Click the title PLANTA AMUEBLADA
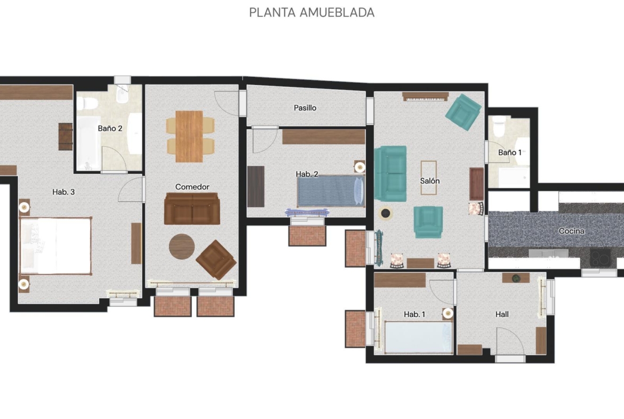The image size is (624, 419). [x=311, y=12]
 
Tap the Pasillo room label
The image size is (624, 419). [x=305, y=107]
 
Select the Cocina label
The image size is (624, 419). [x=572, y=231]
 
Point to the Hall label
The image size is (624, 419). [x=502, y=314]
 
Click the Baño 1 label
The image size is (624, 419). [x=510, y=153]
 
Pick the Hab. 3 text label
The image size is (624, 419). [x=63, y=192]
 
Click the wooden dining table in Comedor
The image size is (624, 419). [x=189, y=136]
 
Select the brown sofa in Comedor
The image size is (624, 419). [x=192, y=209]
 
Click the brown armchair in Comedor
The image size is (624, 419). [x=216, y=259]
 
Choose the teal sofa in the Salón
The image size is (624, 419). [x=390, y=173]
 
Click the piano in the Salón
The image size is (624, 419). [x=426, y=97]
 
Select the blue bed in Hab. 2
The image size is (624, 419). [x=331, y=191]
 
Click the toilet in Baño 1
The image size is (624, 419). [x=499, y=126]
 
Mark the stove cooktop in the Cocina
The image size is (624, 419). [x=600, y=257]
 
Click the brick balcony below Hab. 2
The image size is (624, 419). [x=307, y=235]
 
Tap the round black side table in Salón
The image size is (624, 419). [x=385, y=214]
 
